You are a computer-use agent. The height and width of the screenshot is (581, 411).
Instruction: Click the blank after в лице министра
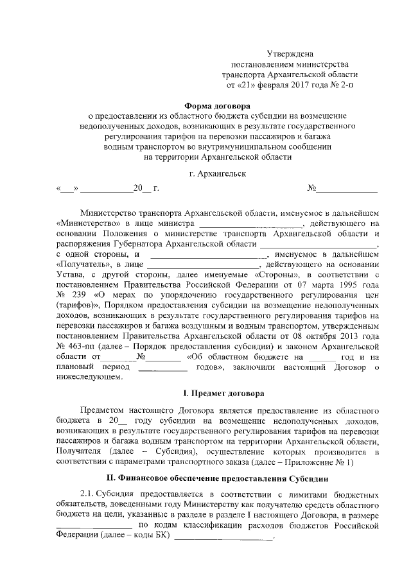coord(249,222)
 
